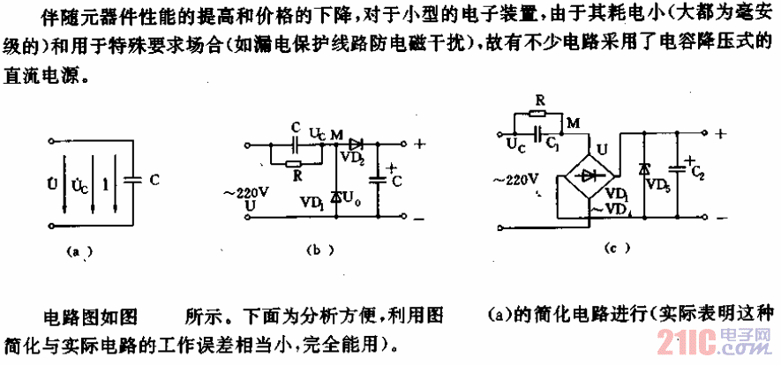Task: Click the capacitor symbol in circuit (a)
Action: tap(131, 179)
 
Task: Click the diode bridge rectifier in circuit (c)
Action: tap(590, 175)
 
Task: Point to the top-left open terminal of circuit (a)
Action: tap(55, 138)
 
